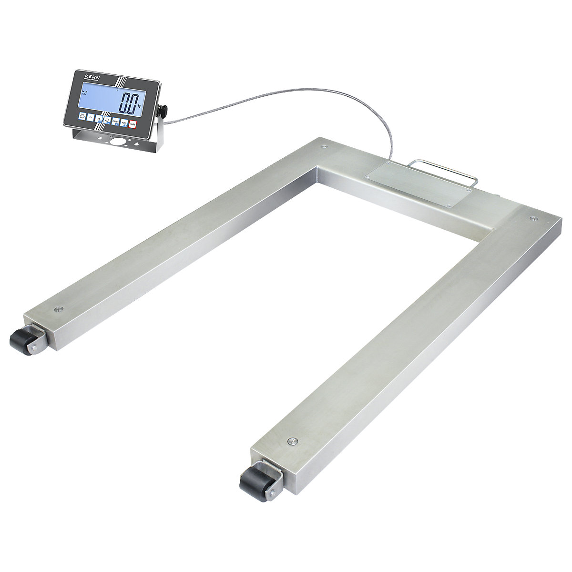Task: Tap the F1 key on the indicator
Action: tap(91, 117)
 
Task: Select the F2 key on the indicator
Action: tap(99, 119)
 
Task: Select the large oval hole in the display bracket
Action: tap(117, 142)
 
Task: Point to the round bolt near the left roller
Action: tap(59, 307)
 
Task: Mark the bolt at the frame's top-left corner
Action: tap(324, 146)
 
